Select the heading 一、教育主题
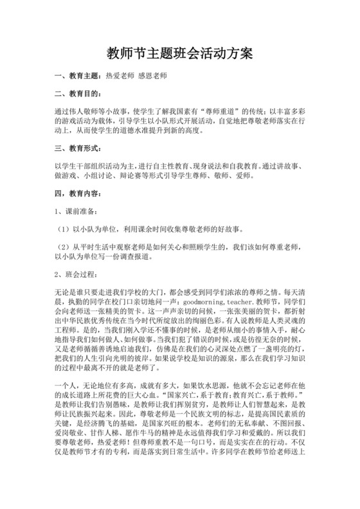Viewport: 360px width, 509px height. point(76,76)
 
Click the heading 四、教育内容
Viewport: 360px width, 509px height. point(76,193)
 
